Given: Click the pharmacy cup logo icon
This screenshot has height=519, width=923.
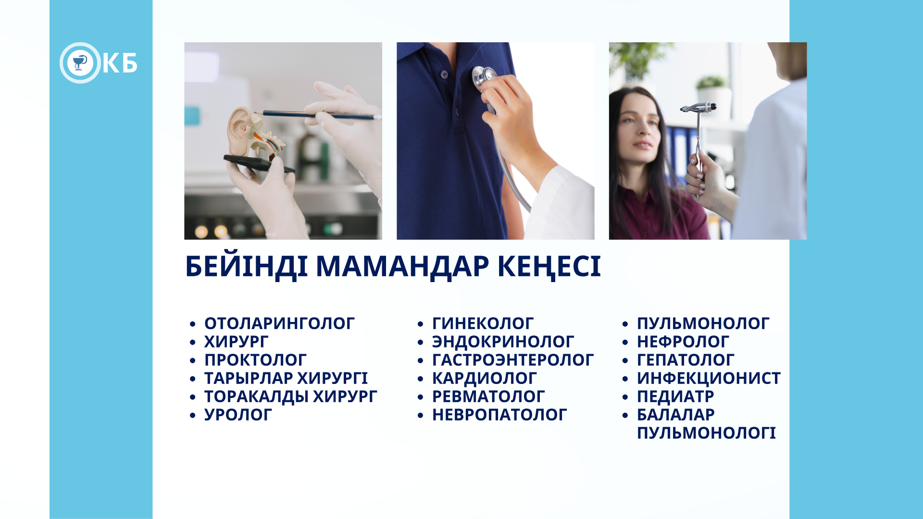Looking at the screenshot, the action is point(80,63).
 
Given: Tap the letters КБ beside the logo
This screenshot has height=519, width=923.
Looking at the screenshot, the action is point(120,63).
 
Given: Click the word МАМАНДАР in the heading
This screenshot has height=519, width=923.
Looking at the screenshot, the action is point(402,266).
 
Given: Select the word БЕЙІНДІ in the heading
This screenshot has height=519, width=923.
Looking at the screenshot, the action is point(246,266).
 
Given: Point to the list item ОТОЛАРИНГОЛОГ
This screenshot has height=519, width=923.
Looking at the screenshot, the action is point(279,323).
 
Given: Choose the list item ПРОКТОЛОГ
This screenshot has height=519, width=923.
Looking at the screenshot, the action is point(255,360).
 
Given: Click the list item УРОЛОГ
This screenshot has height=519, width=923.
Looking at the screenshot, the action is point(238,415).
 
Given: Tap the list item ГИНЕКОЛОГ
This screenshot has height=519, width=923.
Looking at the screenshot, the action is point(483,323).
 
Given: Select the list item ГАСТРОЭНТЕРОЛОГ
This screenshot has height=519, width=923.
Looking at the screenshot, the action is point(513,360).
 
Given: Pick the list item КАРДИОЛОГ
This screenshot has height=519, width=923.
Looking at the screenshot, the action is point(484,378).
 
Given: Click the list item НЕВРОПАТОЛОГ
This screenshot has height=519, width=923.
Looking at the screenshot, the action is point(499,415).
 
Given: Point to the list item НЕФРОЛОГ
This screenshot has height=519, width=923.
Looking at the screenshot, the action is point(683,342).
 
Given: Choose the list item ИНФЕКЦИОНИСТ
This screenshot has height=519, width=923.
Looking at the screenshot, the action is point(709,378).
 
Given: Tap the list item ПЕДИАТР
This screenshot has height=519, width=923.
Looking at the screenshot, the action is point(675,396).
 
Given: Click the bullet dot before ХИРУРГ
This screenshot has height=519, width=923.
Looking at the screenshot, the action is point(193,343).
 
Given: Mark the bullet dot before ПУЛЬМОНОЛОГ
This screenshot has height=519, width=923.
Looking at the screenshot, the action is point(625,324).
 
